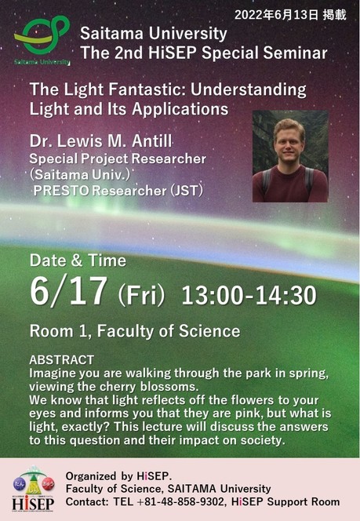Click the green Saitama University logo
pos(42,40)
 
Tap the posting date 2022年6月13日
pos(276,15)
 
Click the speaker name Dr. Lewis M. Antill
pos(100,141)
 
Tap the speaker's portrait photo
pos(290,156)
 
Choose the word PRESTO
pos(61,191)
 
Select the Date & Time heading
pos(78,260)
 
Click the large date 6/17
pos(68,291)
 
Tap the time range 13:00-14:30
pos(249,295)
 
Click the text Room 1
pos(60,331)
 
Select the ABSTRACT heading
pos(61,360)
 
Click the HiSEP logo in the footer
pos(33,489)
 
